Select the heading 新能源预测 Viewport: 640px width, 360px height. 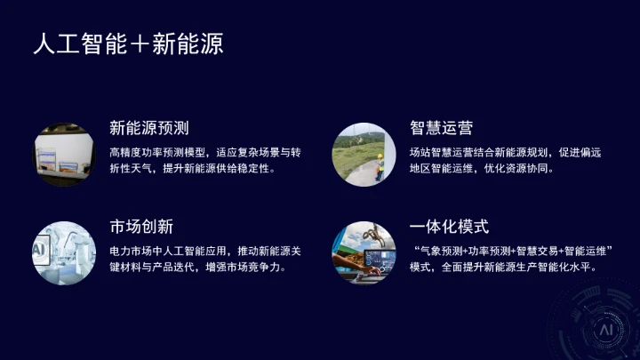pos(148,128)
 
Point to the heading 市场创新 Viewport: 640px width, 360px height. pos(141,227)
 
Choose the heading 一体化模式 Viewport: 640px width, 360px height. pos(449,227)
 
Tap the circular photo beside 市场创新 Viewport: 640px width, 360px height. pos(65,252)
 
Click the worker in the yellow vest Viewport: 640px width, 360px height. pos(379,166)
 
